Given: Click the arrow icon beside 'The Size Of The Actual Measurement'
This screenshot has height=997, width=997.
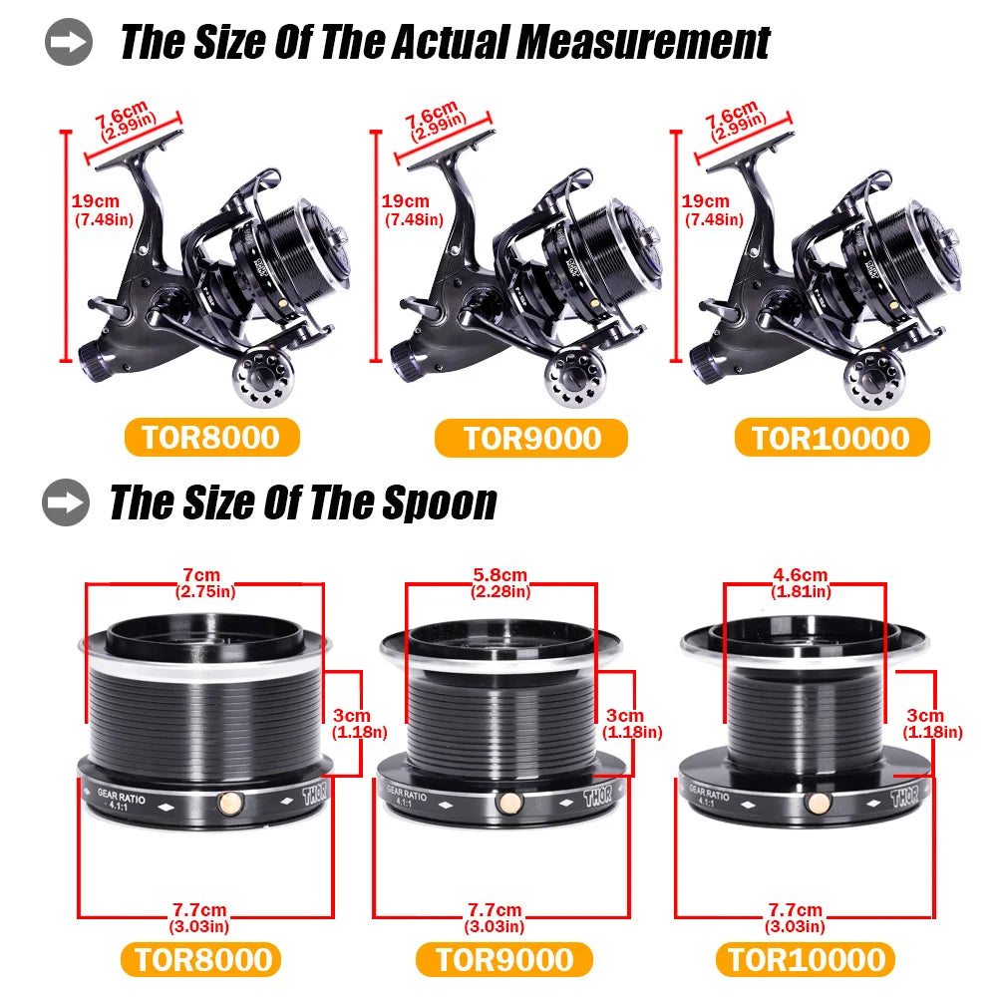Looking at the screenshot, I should (x=68, y=42).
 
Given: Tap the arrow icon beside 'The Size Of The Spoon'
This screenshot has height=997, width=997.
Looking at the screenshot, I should (x=66, y=501).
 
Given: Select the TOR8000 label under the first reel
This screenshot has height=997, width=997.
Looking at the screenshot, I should (x=211, y=438).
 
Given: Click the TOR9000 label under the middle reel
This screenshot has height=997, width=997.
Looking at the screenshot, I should (x=530, y=438).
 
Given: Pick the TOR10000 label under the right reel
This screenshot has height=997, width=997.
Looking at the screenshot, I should (x=831, y=438).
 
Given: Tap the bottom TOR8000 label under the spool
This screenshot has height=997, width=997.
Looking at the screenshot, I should (x=202, y=959).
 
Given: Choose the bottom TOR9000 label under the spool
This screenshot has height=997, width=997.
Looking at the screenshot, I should (x=504, y=959).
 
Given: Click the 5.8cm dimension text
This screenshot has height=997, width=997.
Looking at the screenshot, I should (x=500, y=576).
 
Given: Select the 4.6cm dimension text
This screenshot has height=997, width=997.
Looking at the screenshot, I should (x=801, y=576).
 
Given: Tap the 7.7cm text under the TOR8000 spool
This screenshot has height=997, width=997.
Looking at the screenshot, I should (x=199, y=910).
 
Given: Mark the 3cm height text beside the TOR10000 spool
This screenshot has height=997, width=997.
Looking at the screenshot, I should (x=924, y=716).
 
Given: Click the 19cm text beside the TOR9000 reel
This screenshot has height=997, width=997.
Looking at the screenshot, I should (x=406, y=201).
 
